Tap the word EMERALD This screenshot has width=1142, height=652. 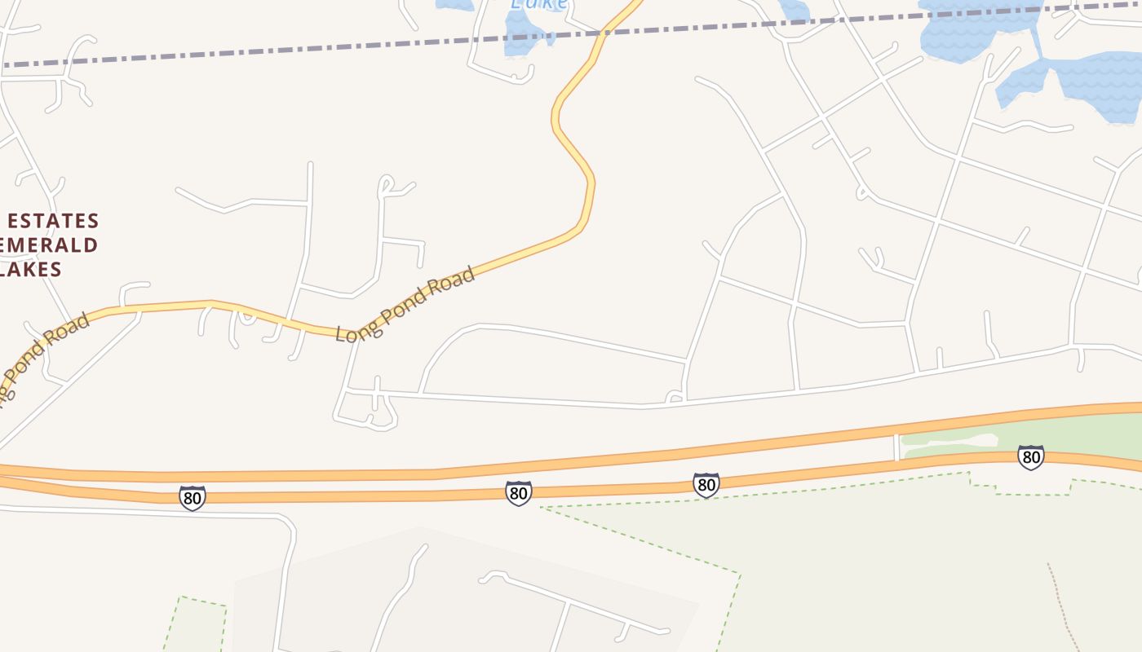(49, 245)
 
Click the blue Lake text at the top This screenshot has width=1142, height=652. (538, 4)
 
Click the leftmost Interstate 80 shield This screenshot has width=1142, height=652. (193, 497)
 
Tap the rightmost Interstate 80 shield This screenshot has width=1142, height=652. (1031, 457)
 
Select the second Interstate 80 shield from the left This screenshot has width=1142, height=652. (519, 492)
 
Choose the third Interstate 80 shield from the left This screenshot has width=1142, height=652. (706, 485)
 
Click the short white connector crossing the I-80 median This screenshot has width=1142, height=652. (896, 447)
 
